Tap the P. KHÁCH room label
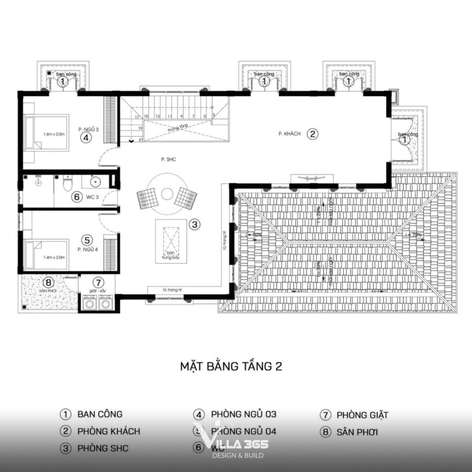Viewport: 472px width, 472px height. click(x=289, y=134)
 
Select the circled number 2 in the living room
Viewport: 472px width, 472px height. click(x=313, y=134)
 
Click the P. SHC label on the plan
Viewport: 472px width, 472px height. click(x=166, y=159)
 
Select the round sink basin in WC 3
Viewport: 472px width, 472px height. click(x=96, y=182)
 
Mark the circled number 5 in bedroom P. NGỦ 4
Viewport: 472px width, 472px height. click(x=86, y=240)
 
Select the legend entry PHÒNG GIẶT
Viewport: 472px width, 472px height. click(x=362, y=415)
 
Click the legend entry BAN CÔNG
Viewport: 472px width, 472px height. click(x=100, y=414)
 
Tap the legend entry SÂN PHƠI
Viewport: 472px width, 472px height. click(x=358, y=432)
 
